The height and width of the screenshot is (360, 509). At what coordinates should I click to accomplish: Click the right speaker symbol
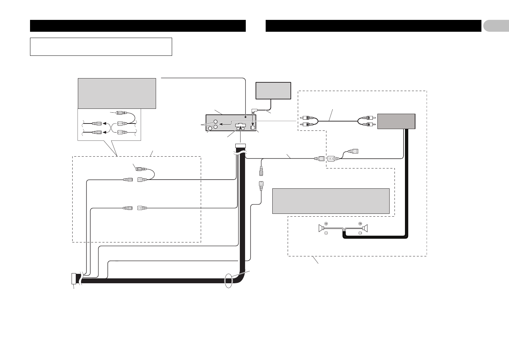click(x=366, y=228)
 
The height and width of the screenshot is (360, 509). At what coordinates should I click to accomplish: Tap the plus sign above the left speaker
click(x=326, y=223)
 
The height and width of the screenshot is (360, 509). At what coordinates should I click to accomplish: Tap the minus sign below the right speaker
click(x=360, y=234)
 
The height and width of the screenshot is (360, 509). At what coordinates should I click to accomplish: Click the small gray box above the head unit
click(x=273, y=91)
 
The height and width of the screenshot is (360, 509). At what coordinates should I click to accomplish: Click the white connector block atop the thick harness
click(x=241, y=146)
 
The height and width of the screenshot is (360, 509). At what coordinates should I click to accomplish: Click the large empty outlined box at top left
click(x=101, y=47)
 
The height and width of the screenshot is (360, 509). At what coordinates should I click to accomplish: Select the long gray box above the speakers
click(x=331, y=201)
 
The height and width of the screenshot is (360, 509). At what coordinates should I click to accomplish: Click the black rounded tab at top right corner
click(x=496, y=26)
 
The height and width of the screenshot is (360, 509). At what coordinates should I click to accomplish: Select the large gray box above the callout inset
click(x=117, y=93)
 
